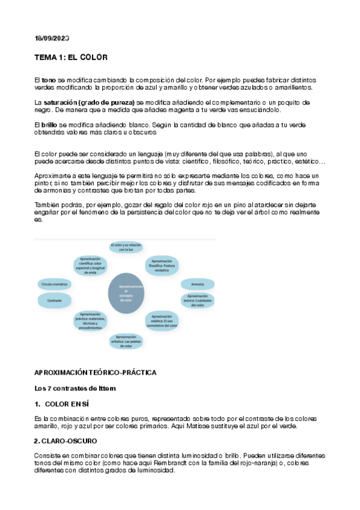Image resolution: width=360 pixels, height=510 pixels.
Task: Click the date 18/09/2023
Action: click(x=52, y=38)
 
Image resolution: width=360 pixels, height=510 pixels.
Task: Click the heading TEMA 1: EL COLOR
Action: click(x=71, y=58)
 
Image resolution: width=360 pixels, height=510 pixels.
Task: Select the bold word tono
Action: click(x=49, y=80)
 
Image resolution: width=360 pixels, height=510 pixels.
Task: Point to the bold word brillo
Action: click(x=49, y=124)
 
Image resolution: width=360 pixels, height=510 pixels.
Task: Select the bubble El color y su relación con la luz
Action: click(x=126, y=246)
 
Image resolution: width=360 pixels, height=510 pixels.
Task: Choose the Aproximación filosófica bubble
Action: click(x=162, y=265)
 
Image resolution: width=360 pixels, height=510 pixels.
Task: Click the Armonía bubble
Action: click(x=197, y=284)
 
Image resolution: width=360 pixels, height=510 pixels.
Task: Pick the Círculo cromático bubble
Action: click(x=54, y=283)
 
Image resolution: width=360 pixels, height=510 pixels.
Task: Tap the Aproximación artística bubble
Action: click(x=126, y=341)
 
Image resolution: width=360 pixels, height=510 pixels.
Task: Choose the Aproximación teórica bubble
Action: click(x=197, y=300)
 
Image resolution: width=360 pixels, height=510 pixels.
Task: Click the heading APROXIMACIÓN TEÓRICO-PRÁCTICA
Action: click(x=96, y=373)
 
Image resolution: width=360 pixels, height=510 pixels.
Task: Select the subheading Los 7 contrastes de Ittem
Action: click(x=75, y=389)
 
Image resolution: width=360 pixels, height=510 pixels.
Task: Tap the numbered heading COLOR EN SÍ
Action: click(x=67, y=404)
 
